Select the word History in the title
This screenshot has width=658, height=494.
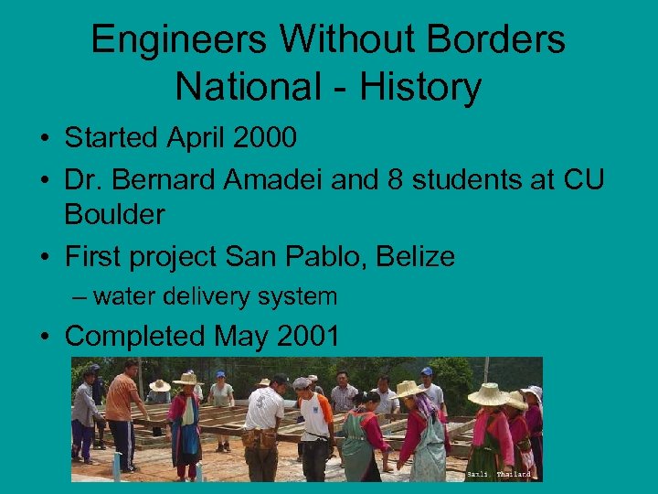coord(420,87)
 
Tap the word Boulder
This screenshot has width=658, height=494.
coord(114,215)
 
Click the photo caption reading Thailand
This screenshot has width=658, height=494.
coord(512,475)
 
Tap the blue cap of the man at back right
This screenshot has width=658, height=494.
coord(426,371)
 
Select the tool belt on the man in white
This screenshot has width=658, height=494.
coord(261,438)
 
